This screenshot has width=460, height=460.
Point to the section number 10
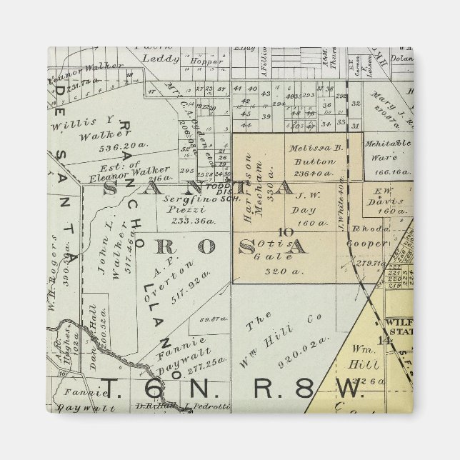tap(286, 231)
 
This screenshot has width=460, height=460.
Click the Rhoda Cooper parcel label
tap(364, 236)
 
